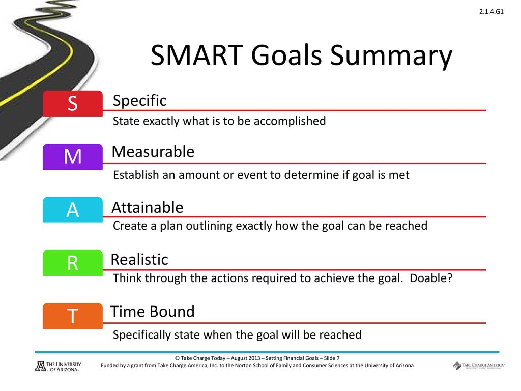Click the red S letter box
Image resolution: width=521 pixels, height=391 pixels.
tap(72, 103)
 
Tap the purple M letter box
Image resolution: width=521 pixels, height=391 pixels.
tap(72, 157)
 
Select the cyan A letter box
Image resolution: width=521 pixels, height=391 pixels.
tap(72, 210)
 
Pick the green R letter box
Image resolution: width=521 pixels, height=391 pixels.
tap(72, 263)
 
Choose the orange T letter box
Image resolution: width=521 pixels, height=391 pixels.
tap(72, 316)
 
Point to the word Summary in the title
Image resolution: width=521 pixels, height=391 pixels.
tap(391, 57)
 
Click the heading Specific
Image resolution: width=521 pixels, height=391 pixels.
tap(139, 101)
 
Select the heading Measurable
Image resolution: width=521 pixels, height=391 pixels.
tap(153, 152)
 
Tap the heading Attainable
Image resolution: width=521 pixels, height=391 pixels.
tap(148, 208)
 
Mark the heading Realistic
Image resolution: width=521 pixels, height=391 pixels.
tap(139, 259)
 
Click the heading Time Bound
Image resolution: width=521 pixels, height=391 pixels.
tap(153, 312)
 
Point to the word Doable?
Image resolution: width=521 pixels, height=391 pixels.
tap(431, 277)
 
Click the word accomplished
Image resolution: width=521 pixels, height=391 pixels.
tap(290, 121)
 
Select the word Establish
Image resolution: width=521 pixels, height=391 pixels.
tap(136, 175)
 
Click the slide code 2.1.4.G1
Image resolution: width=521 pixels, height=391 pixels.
tap(491, 12)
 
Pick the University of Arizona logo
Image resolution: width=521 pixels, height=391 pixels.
tap(58, 367)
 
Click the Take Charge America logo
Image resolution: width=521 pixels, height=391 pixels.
tap(478, 366)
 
